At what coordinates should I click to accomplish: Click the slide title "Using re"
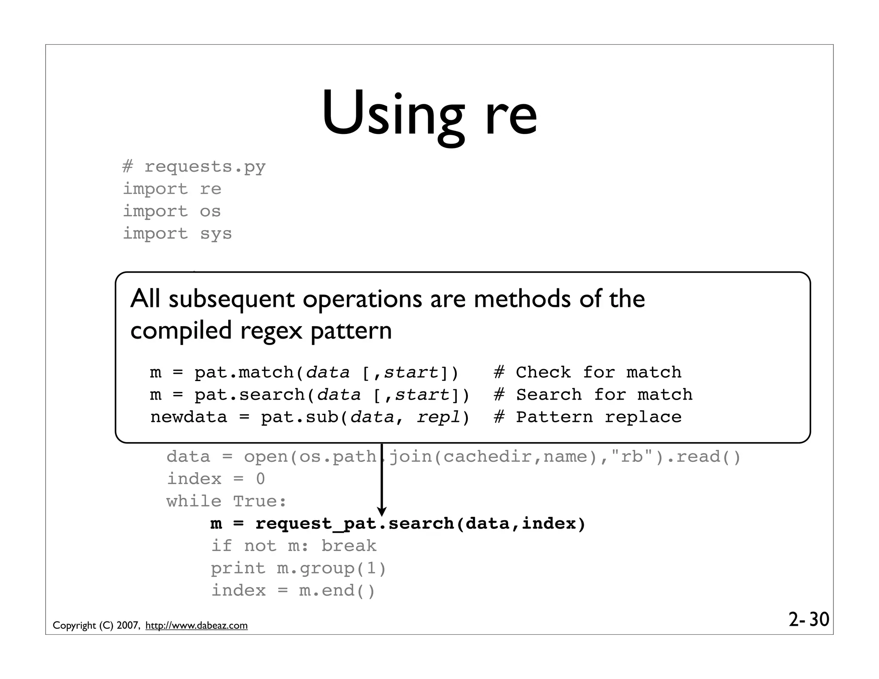tap(429, 115)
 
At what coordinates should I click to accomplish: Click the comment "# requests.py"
tap(194, 167)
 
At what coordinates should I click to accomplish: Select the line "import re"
tap(172, 189)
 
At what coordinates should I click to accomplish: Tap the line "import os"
tap(172, 211)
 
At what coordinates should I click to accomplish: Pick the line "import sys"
tap(177, 234)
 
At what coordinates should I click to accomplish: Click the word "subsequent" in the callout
tap(231, 299)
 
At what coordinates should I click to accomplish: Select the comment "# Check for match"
tap(587, 372)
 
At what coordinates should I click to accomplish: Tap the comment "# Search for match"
tap(593, 394)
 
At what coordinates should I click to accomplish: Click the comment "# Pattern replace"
tap(587, 417)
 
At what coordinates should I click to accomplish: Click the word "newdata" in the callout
tap(188, 417)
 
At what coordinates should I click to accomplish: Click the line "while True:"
tap(227, 501)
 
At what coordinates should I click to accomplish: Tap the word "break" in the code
tap(349, 546)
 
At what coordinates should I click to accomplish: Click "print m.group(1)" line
tap(299, 568)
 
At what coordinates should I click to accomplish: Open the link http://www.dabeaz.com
tap(197, 625)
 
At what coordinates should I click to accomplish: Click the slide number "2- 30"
tap(809, 619)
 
